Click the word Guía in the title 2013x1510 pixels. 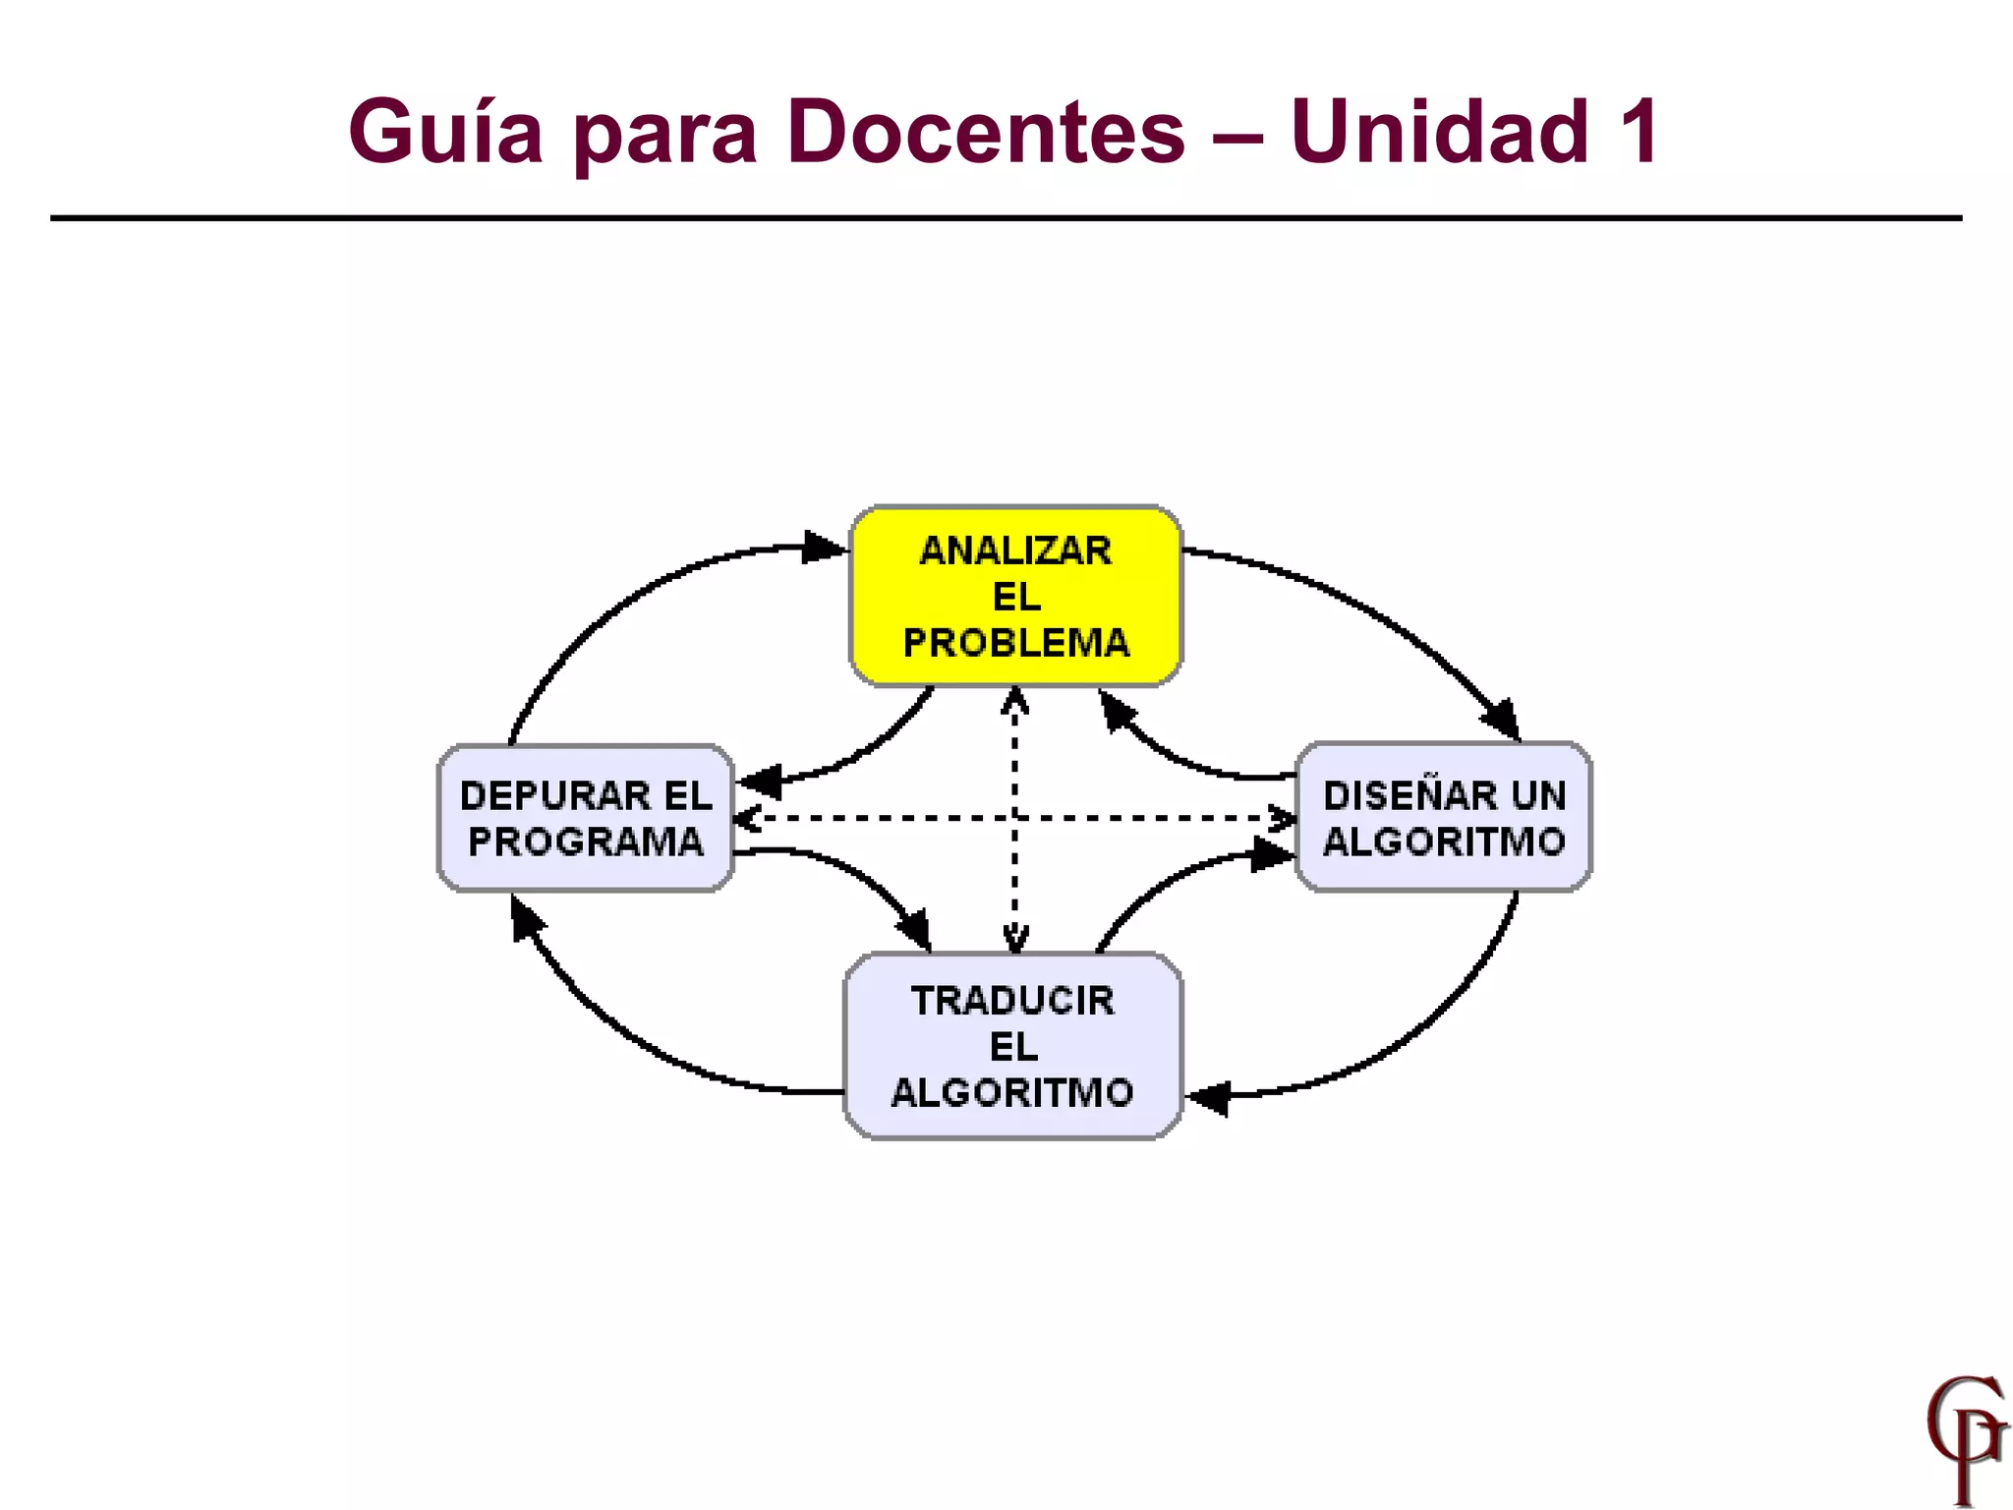(445, 132)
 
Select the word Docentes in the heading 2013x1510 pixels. (986, 132)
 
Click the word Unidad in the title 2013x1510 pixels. (1439, 132)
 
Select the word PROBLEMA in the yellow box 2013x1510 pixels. (1015, 643)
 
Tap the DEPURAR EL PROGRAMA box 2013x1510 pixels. (586, 818)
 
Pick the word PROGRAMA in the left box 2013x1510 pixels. (586, 842)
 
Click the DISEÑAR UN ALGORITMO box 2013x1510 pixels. (1443, 818)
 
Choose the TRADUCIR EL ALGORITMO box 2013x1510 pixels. (1013, 1046)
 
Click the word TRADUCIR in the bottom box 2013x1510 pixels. (1013, 1001)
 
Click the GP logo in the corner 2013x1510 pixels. (1964, 1437)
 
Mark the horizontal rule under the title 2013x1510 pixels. (1006, 218)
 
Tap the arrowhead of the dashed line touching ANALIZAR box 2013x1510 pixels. (1014, 700)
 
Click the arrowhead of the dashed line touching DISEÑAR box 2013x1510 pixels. (1284, 817)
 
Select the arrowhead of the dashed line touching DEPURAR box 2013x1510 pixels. (747, 818)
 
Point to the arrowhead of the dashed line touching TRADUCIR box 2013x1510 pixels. (1014, 941)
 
